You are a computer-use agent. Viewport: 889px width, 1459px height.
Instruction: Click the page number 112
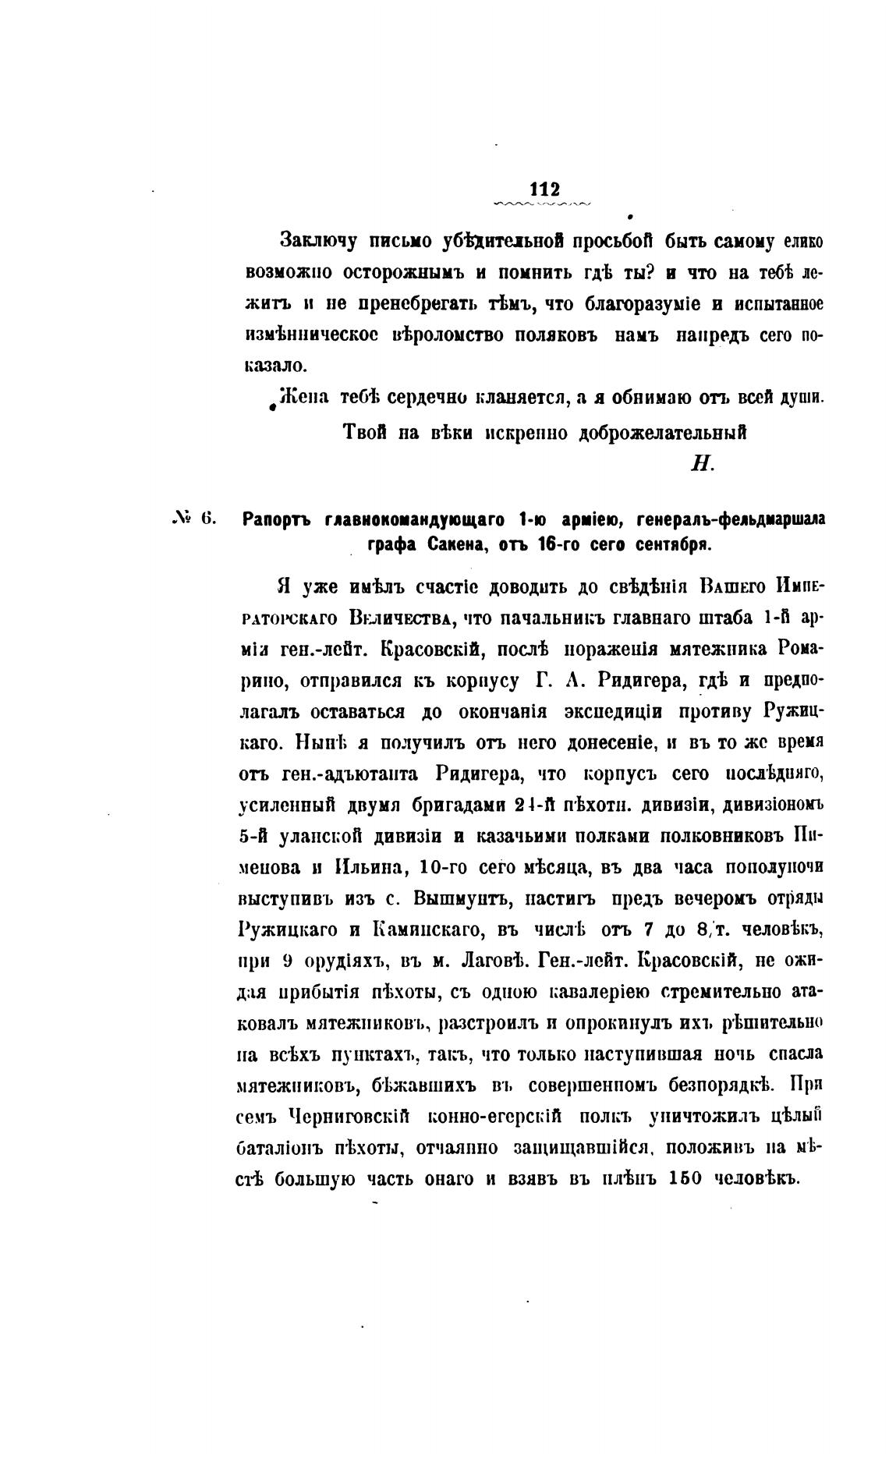click(544, 189)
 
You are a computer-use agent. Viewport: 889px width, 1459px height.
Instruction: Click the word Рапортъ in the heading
click(278, 519)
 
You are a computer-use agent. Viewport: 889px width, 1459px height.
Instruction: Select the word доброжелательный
click(661, 433)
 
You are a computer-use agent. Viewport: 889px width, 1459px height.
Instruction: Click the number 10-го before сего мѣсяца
click(443, 867)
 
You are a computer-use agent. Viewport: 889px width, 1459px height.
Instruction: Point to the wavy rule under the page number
click(543, 204)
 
